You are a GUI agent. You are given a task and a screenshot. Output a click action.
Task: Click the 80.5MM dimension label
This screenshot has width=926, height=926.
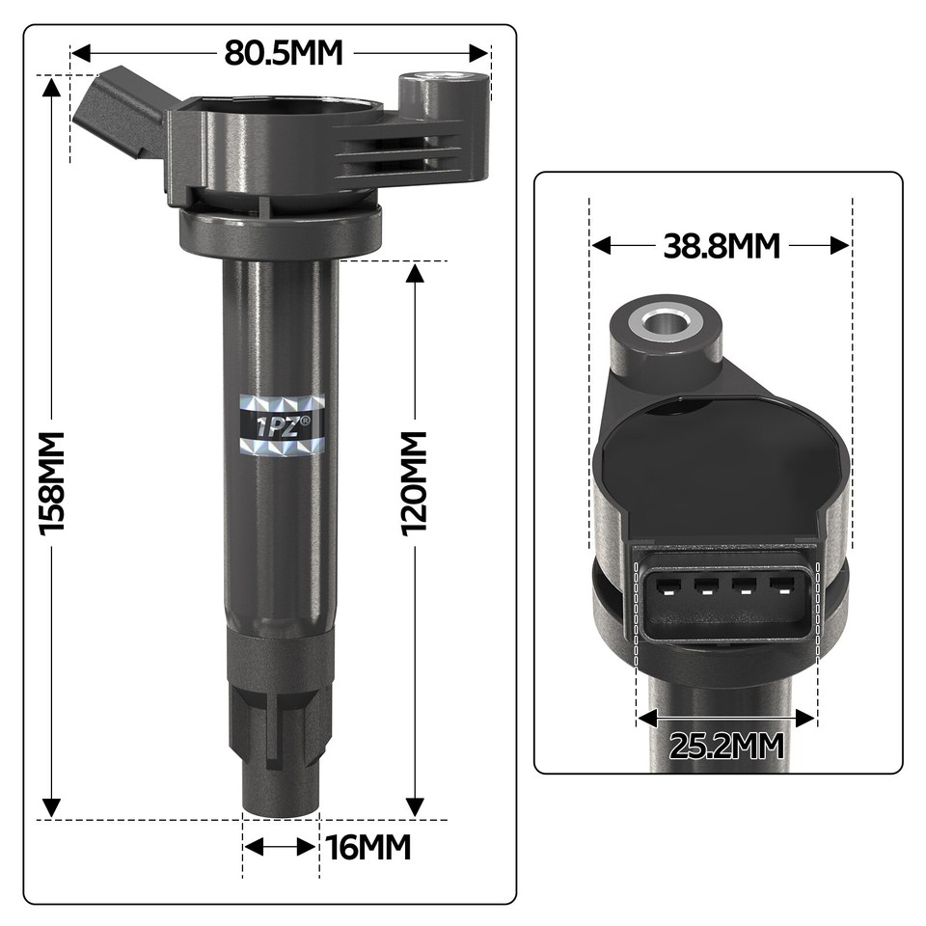284,53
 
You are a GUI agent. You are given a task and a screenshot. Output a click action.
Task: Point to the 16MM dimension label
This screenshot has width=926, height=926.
368,848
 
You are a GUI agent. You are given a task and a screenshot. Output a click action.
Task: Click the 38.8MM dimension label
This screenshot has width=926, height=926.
721,246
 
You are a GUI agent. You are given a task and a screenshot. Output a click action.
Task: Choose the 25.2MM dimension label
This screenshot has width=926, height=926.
725,746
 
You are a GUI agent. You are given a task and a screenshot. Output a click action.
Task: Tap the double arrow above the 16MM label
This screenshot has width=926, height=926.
280,847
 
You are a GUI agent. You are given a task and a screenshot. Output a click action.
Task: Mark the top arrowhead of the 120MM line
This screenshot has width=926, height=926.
415,273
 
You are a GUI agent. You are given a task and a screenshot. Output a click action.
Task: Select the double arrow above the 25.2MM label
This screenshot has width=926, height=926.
726,718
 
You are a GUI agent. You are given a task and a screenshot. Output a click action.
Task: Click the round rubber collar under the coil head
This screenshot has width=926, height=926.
280,231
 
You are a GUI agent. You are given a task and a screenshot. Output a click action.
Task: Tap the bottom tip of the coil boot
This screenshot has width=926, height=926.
280,808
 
